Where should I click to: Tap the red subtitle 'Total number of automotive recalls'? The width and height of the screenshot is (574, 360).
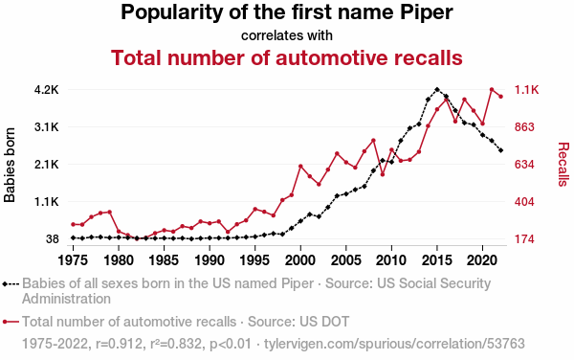coord(287,57)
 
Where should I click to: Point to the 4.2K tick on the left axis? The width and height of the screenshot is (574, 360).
coord(47,90)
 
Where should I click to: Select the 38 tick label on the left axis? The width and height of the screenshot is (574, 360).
coord(53,239)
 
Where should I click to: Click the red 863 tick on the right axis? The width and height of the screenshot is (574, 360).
coord(524,127)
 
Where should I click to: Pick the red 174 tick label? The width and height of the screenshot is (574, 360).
coord(524,239)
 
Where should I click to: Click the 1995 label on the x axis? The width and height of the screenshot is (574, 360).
coord(254,260)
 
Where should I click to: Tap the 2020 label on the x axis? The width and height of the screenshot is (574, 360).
coord(482,260)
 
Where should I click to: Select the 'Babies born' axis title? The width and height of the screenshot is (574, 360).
coord(10,165)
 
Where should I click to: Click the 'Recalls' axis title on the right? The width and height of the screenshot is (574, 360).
coord(563,165)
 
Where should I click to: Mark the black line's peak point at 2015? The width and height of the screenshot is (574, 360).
coord(437,89)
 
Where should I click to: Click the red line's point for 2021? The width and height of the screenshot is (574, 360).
coord(492,89)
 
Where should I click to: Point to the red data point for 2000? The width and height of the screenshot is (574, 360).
coord(300,167)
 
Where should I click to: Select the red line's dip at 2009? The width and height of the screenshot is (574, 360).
coord(383,174)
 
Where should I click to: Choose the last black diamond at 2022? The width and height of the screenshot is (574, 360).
coord(500,150)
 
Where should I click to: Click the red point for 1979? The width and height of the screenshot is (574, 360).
coord(109,212)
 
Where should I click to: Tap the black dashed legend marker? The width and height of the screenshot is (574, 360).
coord(11,283)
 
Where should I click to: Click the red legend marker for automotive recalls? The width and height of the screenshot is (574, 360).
coord(11,322)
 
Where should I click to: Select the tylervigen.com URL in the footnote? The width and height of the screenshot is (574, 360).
coord(394,344)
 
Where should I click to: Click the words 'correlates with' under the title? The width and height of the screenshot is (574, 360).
coord(287,35)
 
